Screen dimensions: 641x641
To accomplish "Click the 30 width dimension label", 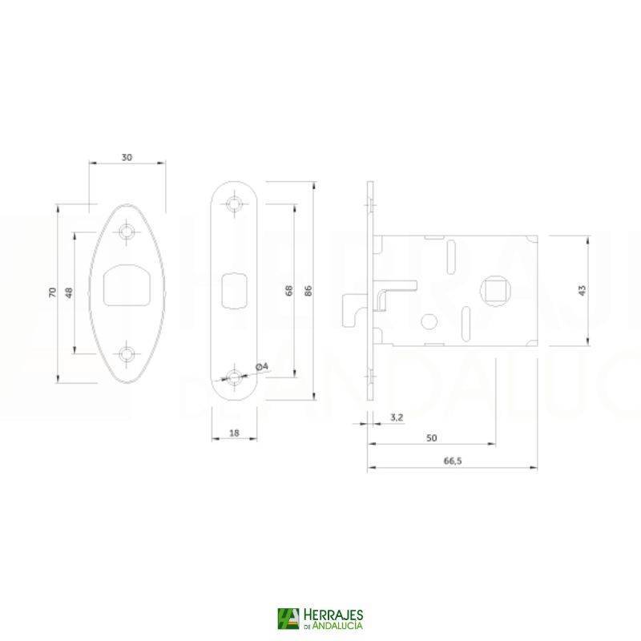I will [x=127, y=157].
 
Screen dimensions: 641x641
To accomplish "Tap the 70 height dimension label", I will [x=53, y=292].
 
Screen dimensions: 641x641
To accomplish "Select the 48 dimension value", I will [x=70, y=292].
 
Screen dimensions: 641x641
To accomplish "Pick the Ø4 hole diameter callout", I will [x=261, y=366].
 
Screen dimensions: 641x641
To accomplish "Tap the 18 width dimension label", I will [x=234, y=433].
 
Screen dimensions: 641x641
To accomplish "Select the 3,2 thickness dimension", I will [x=396, y=417].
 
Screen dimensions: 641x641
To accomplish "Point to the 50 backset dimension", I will [x=431, y=438].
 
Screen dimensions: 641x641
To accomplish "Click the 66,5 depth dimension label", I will [x=452, y=461].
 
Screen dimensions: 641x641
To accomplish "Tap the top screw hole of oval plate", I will [x=127, y=232].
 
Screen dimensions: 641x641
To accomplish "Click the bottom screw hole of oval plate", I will [x=127, y=353].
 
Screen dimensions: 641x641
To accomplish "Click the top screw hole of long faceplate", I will [x=234, y=204].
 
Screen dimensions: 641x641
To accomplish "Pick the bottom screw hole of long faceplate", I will [x=234, y=377].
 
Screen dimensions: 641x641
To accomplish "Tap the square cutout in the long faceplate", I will [x=233, y=289].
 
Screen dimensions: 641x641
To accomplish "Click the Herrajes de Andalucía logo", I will [x=320, y=619].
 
